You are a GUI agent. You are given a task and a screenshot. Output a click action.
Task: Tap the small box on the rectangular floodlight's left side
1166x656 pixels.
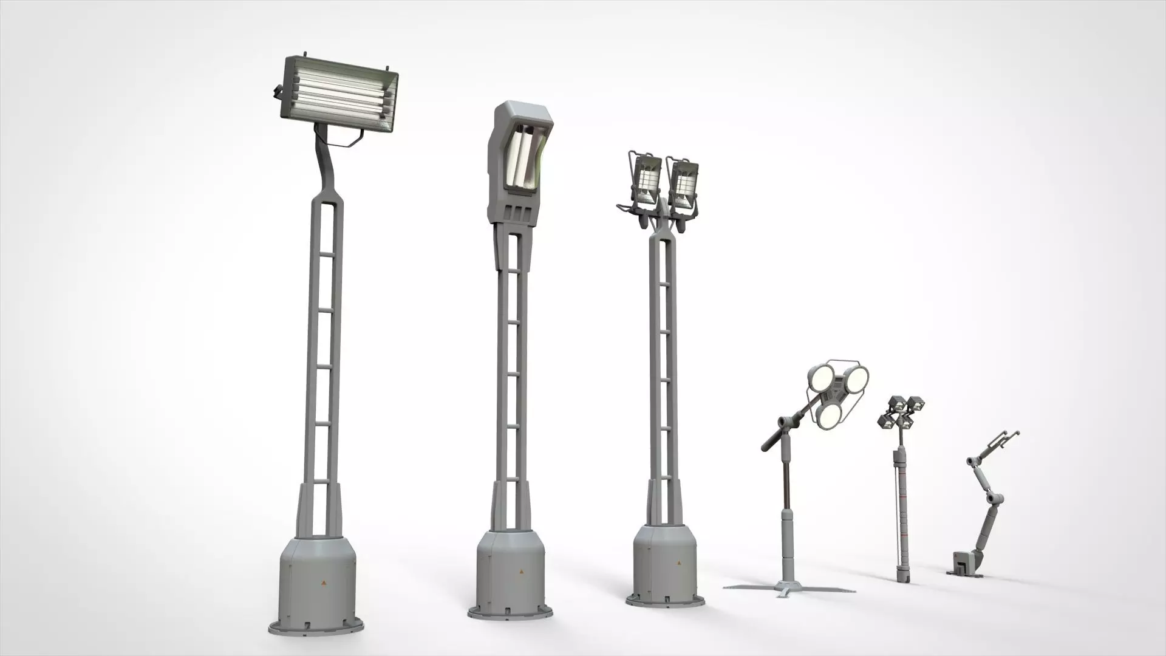278,92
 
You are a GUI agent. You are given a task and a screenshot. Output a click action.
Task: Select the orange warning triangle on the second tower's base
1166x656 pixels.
520,572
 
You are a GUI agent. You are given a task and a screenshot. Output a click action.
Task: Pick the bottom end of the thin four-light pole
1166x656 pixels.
904,578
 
